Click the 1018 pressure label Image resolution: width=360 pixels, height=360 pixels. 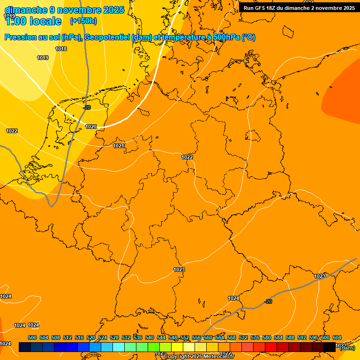[61, 49]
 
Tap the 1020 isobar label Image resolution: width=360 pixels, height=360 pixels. [91, 127]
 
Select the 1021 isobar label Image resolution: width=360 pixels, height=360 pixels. [119, 146]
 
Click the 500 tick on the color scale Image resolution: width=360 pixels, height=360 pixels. [32, 338]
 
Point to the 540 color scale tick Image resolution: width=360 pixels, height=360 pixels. [150, 338]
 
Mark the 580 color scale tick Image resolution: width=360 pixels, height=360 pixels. [267, 338]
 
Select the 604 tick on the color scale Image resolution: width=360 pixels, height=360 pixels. [337, 338]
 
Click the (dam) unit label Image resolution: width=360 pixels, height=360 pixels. [347, 348]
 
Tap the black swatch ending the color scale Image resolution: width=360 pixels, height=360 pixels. [329, 347]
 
